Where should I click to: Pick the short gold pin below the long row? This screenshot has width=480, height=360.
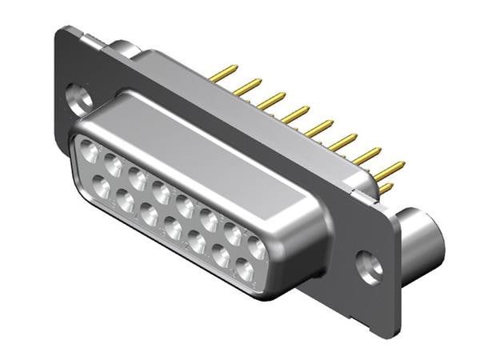pyautogui.click(x=386, y=190)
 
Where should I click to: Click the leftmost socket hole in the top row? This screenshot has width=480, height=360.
pyautogui.click(x=90, y=151)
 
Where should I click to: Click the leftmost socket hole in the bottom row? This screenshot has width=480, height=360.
pyautogui.click(x=102, y=189)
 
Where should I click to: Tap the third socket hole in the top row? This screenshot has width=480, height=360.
pyautogui.click(x=137, y=178)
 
